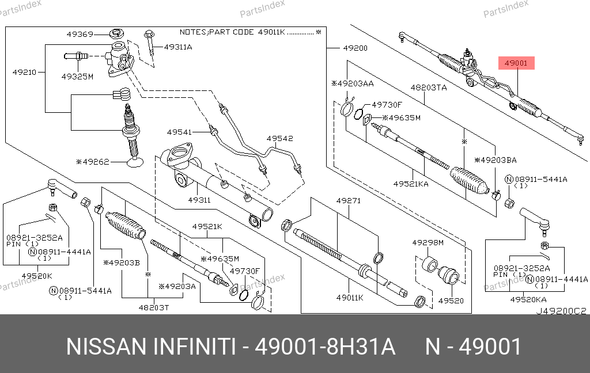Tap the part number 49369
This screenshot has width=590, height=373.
pos(80,34)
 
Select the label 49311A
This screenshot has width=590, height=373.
pos(178,47)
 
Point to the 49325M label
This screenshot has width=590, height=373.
pos(77,76)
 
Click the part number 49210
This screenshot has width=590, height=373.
pos(24,73)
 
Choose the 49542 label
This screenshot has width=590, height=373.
pos(279,138)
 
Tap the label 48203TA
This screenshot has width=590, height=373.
pos(429,87)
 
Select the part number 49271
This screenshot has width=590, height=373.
pos(348,201)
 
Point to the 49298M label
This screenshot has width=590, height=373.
pos(428,243)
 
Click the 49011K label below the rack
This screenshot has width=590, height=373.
pos(350,298)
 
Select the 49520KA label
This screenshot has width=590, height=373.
pos(527,300)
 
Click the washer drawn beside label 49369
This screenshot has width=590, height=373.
pos(118,32)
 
